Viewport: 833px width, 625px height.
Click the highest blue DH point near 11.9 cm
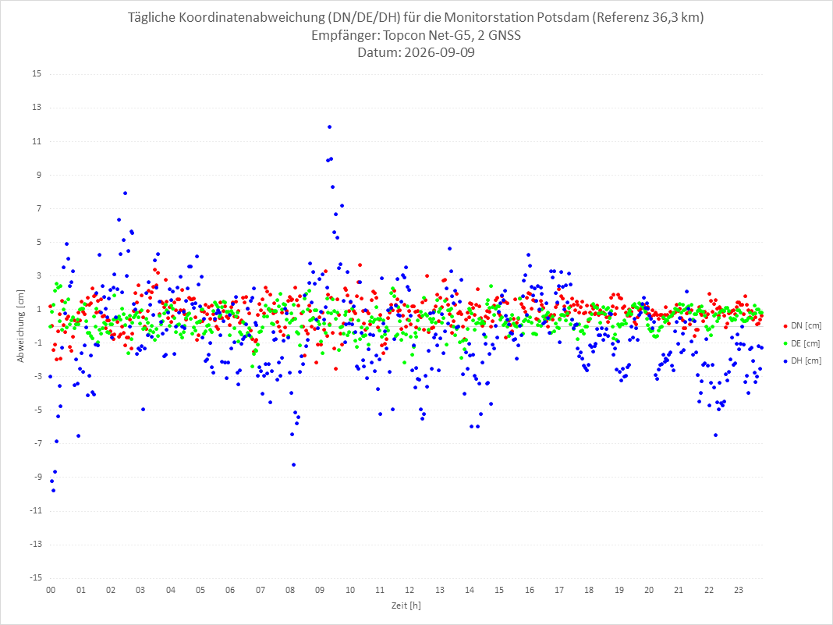[x=329, y=127]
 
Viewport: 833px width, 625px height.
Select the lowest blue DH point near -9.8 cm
[x=53, y=491]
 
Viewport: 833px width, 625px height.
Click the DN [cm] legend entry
[x=802, y=326]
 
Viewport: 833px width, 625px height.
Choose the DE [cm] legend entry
[x=802, y=343]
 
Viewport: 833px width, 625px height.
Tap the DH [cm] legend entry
[x=802, y=360]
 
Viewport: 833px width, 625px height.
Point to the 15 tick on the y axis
[x=37, y=73]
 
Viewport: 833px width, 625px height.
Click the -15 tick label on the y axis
[x=35, y=577]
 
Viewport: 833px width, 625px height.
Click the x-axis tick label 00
[x=51, y=590]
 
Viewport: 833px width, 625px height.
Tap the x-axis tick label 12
[x=409, y=590]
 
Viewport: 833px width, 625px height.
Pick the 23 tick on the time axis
[x=739, y=590]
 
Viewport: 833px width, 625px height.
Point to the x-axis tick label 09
[x=320, y=590]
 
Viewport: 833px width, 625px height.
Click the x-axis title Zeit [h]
[x=406, y=605]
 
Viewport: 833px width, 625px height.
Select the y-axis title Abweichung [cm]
[x=21, y=326]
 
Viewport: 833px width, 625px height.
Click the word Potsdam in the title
[x=563, y=17]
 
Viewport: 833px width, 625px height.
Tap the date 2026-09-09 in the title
[x=439, y=52]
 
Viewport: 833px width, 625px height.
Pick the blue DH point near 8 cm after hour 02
[x=125, y=194]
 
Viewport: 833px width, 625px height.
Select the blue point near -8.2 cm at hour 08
[x=294, y=465]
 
